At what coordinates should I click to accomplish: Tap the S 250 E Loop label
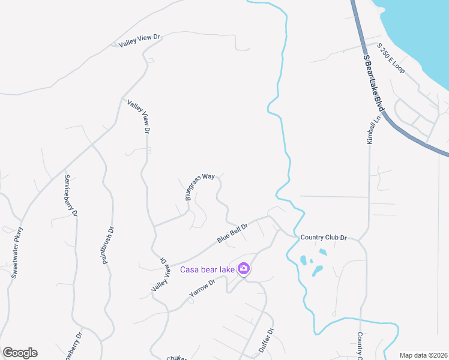(391, 59)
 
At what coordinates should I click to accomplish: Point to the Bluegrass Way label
(200, 187)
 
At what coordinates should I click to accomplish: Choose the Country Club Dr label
(324, 238)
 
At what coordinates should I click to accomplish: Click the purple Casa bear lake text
(208, 269)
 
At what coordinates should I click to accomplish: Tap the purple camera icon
(244, 269)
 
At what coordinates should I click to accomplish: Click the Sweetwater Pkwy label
(17, 252)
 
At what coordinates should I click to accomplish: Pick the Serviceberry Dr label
(71, 196)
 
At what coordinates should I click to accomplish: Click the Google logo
(20, 353)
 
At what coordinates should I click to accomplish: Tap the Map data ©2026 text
(423, 355)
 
